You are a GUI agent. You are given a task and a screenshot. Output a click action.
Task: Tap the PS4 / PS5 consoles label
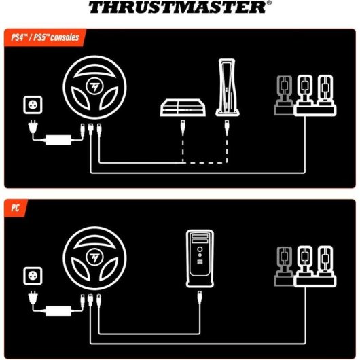[40, 35]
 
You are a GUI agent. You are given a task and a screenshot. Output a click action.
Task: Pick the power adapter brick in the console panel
[57, 140]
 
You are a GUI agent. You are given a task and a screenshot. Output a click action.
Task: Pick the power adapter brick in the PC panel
[57, 310]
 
